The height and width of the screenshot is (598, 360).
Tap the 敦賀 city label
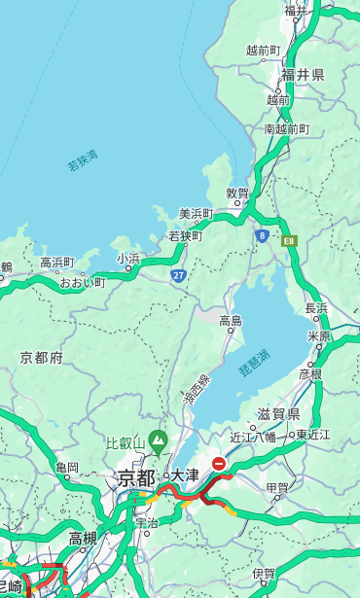(237, 193)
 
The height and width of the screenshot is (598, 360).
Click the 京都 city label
(136, 477)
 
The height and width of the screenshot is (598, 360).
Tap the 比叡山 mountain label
(124, 442)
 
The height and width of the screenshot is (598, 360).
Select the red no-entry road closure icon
(220, 465)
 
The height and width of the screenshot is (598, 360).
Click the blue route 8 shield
(262, 235)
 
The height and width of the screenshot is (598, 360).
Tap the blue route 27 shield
(179, 276)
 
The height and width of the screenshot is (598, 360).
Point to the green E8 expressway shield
(289, 239)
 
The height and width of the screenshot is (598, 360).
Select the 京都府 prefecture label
(41, 358)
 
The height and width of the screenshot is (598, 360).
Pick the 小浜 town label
(128, 258)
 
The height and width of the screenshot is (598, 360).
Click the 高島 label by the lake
(231, 321)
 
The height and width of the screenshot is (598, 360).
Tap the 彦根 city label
(309, 373)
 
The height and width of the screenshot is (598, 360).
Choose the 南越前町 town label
(286, 128)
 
